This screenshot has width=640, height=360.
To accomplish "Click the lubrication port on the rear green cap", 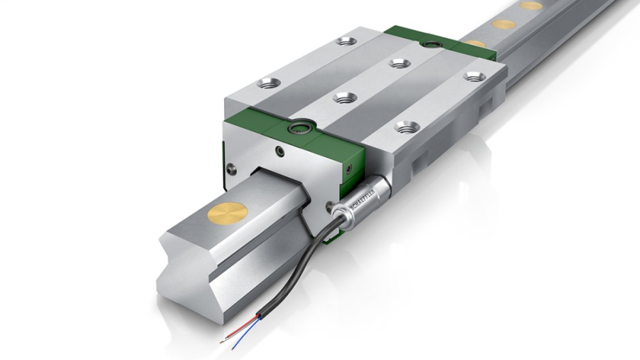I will point(429,44).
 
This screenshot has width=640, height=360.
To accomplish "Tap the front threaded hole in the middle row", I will point(345,97).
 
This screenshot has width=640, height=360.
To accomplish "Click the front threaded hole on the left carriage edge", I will point(269,83).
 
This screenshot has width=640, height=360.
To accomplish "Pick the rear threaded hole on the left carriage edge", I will point(346,41).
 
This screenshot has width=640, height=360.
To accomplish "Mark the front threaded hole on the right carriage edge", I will point(407,127).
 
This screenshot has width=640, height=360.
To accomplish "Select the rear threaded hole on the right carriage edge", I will point(474,76).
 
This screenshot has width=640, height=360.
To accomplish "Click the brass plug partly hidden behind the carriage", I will point(475,43).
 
